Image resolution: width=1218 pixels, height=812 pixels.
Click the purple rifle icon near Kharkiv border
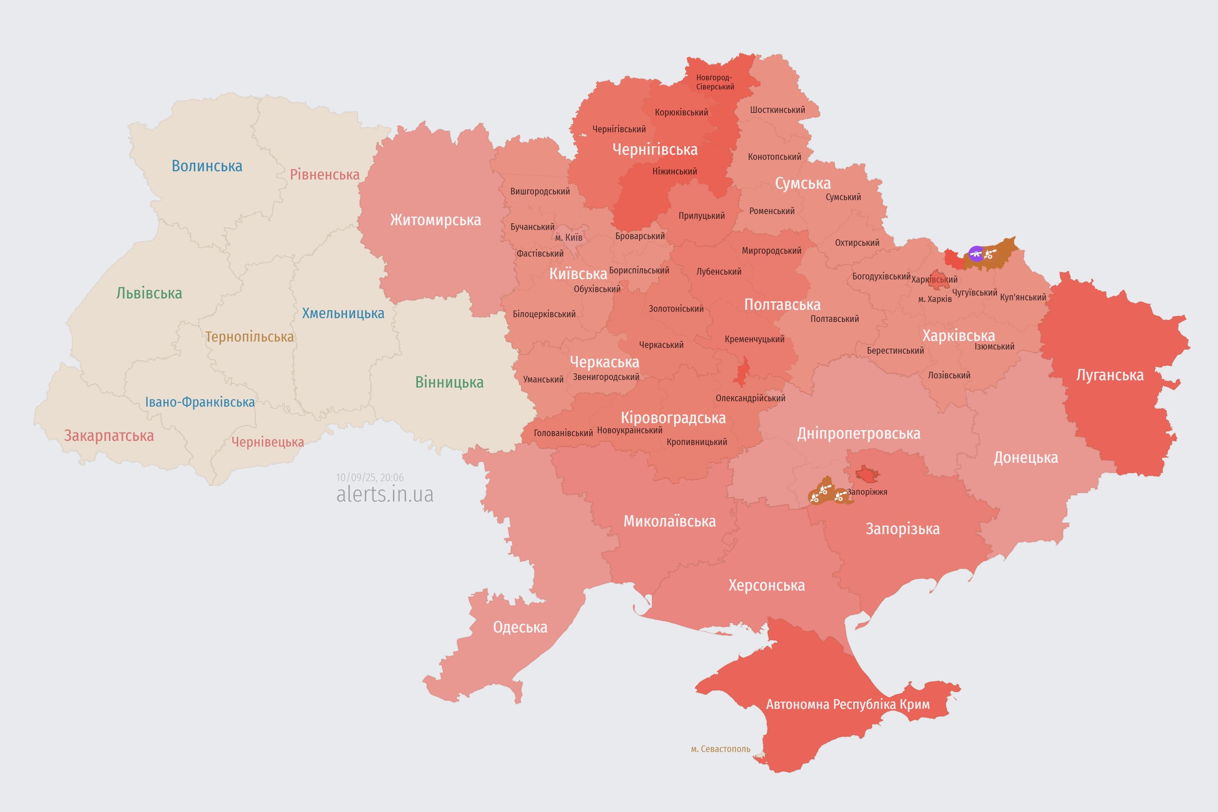point(976,254)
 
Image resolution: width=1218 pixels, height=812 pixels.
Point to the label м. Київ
point(569,238)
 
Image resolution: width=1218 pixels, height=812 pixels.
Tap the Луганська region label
point(1110,375)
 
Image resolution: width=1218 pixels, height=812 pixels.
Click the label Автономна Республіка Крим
point(848,704)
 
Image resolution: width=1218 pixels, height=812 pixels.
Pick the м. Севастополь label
point(720,749)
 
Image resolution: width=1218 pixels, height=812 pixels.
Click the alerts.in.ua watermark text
point(385,494)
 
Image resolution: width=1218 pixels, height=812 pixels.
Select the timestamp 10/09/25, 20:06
point(370,477)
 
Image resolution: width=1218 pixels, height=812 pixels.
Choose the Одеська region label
point(520,627)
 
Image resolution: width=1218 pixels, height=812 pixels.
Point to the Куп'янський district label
point(1023,297)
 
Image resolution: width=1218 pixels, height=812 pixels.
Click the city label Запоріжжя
point(867,492)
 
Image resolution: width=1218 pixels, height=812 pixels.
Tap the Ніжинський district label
point(674,171)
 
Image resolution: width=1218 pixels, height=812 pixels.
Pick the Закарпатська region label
point(109,435)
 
